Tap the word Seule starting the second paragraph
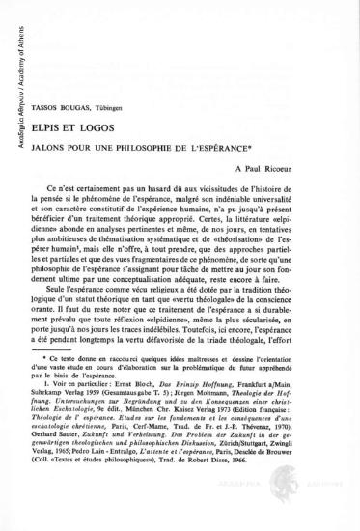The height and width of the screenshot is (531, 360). (x=77, y=293)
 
